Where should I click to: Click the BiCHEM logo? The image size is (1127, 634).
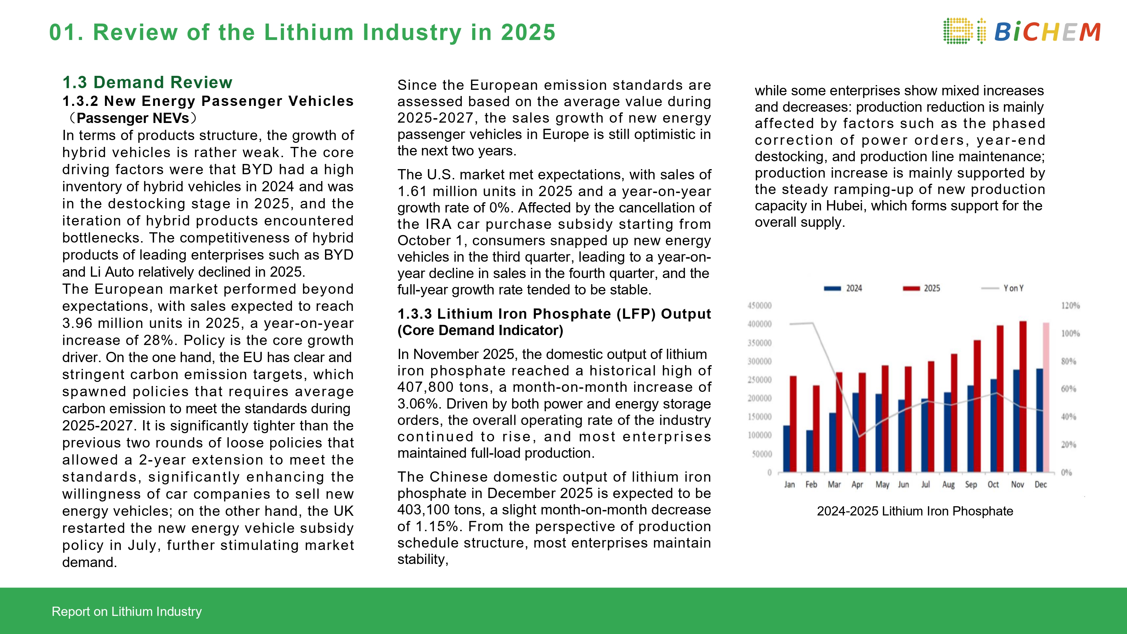pos(1021,31)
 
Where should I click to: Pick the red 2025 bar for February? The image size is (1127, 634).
pos(816,428)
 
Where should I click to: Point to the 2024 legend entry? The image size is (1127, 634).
pos(843,288)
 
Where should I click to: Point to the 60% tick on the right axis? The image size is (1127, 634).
pos(1068,389)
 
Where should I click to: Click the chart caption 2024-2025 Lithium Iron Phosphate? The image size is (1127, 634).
pos(915,511)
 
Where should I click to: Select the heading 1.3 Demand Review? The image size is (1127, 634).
pos(147,82)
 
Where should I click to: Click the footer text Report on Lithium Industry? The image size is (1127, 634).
pos(126,611)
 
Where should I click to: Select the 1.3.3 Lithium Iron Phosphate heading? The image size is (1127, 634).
pos(554,314)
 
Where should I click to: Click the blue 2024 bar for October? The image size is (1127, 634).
pos(994,425)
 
